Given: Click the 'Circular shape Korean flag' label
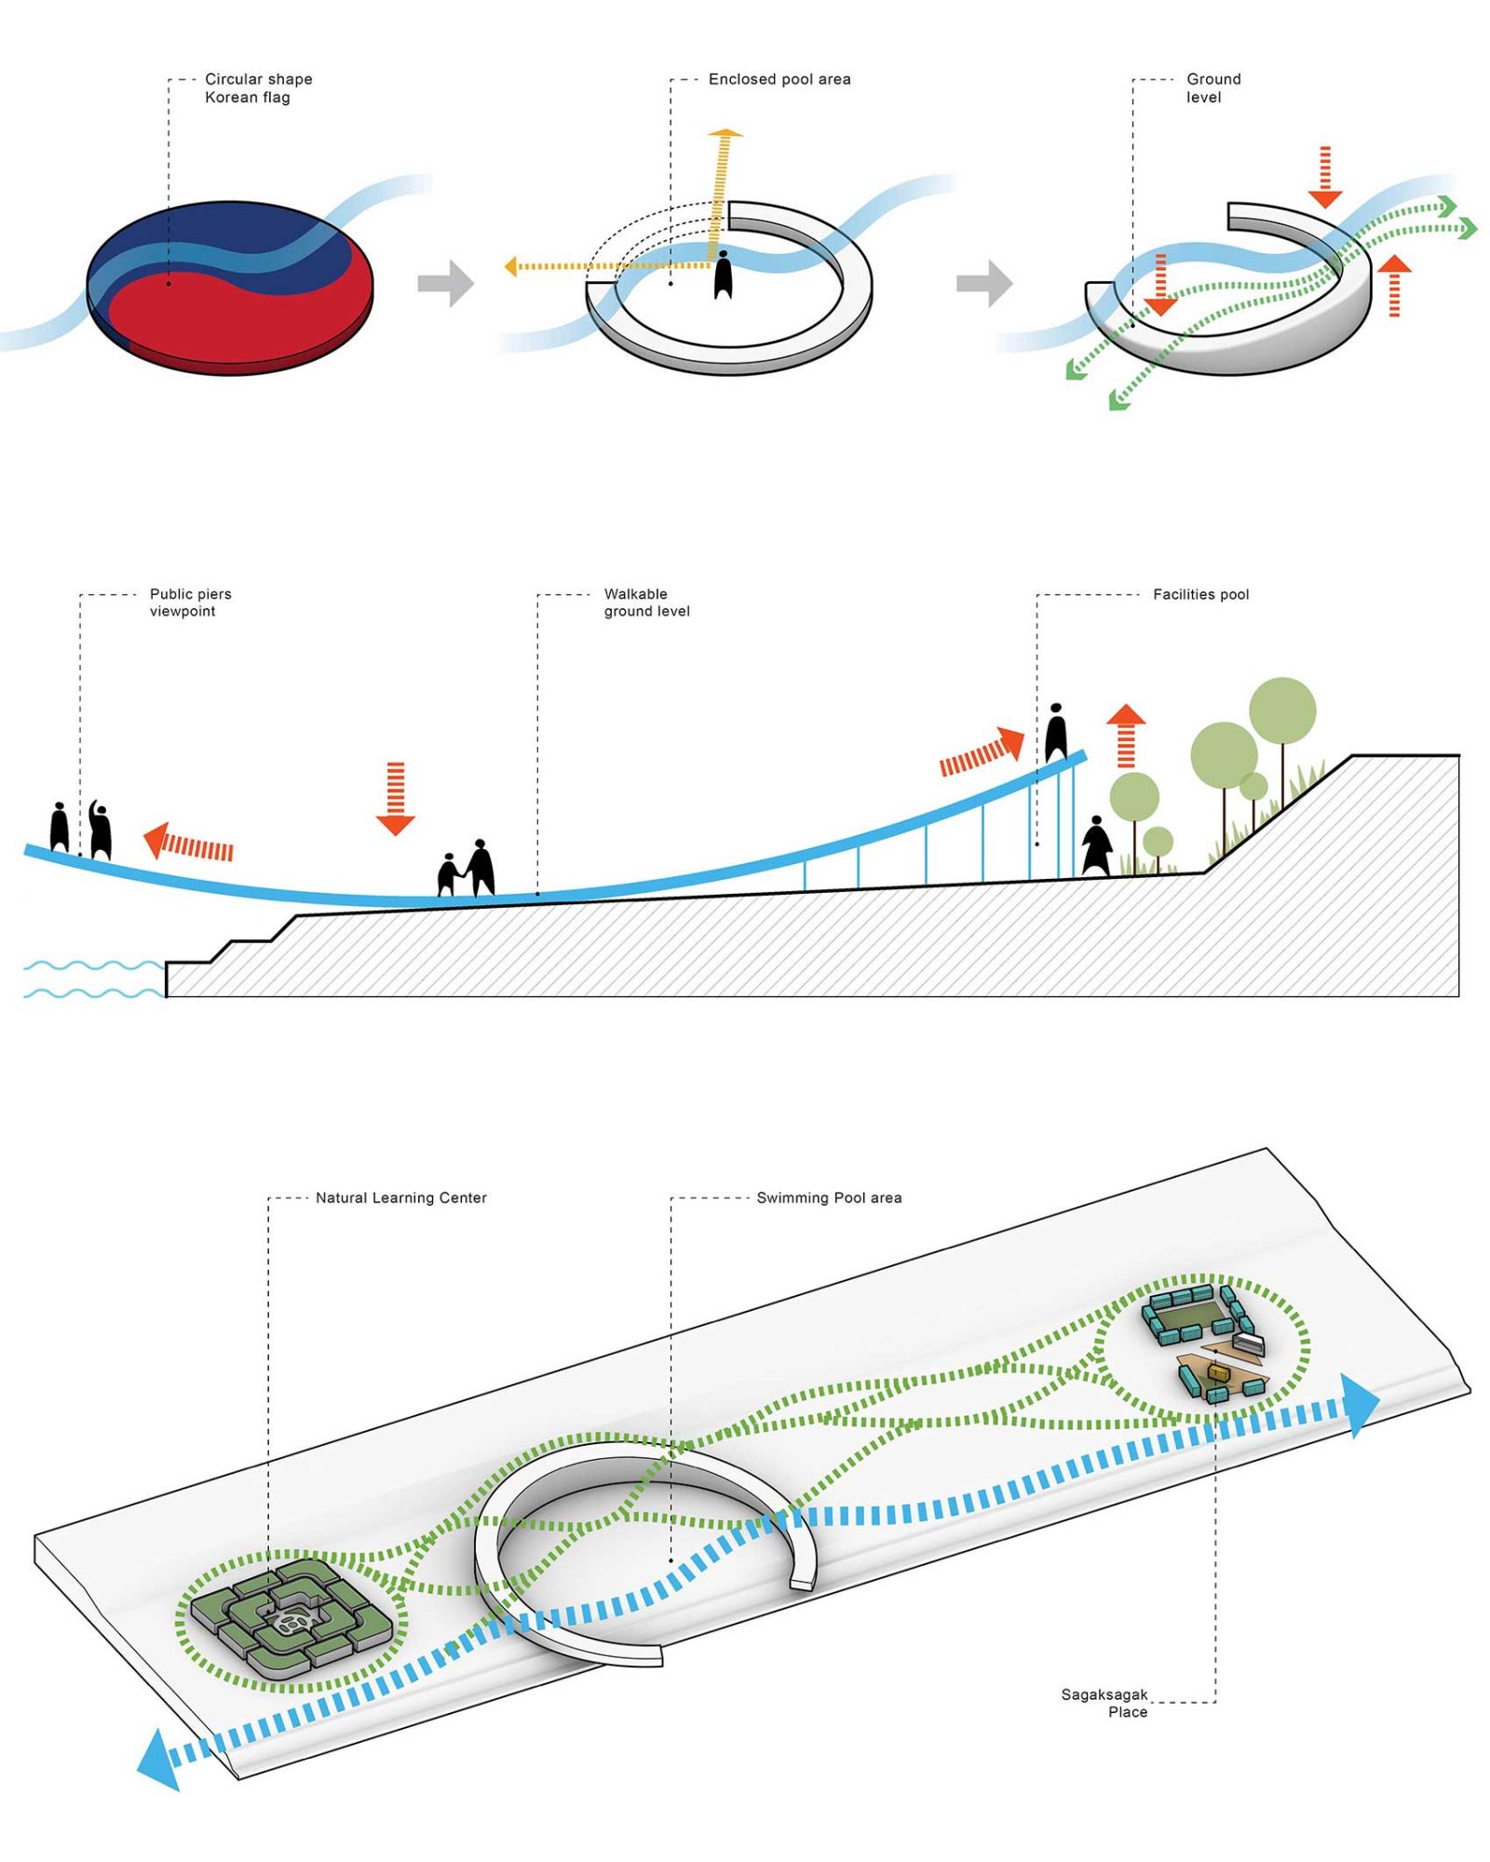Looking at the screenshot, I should pyautogui.click(x=258, y=88).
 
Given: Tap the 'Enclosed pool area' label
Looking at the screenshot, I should pyautogui.click(x=779, y=79).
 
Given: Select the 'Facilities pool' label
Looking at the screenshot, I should pyautogui.click(x=1200, y=594).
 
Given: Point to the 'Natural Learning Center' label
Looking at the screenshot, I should pyautogui.click(x=400, y=1197).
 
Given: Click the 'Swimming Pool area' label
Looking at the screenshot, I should pyautogui.click(x=829, y=1197).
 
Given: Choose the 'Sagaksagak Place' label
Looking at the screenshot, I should pyautogui.click(x=1105, y=1703).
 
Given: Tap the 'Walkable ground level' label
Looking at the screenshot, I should pyautogui.click(x=646, y=602).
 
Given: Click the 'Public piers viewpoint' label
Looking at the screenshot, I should pyautogui.click(x=190, y=602).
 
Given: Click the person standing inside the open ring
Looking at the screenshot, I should pyautogui.click(x=723, y=275).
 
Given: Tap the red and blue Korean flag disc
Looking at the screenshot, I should pyautogui.click(x=230, y=289).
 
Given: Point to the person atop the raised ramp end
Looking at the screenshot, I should pyautogui.click(x=1055, y=733).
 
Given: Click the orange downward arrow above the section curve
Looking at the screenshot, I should pyautogui.click(x=396, y=797).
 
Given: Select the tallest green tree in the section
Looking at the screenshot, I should pyautogui.click(x=1282, y=712).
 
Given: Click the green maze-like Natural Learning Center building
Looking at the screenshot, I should pyautogui.click(x=291, y=1621).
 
